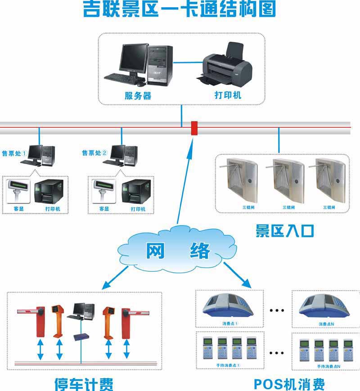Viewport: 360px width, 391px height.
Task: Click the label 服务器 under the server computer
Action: [x=138, y=95]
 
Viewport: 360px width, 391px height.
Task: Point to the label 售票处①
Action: [x=15, y=153]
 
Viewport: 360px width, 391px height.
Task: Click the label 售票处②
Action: [x=94, y=153]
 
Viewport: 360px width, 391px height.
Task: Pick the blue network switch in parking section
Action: [x=81, y=337]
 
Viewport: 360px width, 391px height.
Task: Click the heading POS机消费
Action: [x=289, y=384]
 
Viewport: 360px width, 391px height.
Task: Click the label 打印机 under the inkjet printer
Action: [x=228, y=95]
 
